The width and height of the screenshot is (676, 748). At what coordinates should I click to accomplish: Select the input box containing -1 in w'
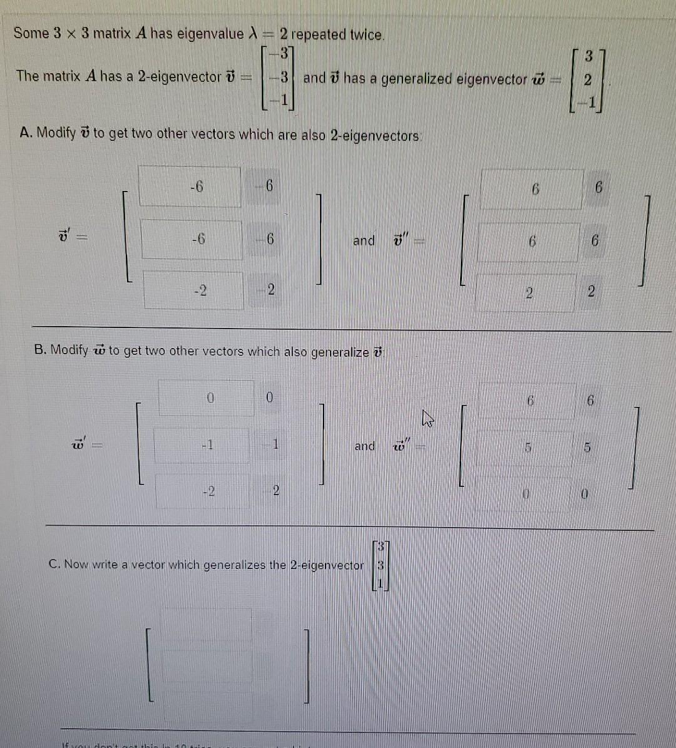point(202,446)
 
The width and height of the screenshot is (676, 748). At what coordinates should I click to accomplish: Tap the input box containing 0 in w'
point(207,397)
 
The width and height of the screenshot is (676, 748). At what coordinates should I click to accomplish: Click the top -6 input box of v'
point(190,187)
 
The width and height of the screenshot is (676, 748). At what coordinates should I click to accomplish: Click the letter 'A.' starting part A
point(26,133)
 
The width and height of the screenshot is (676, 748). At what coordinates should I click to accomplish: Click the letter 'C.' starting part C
point(54,564)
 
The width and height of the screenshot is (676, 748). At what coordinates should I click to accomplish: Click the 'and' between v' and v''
point(364,240)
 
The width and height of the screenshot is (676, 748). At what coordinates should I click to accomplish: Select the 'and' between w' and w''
point(365,446)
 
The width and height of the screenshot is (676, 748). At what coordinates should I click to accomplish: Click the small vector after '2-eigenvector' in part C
point(381,565)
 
